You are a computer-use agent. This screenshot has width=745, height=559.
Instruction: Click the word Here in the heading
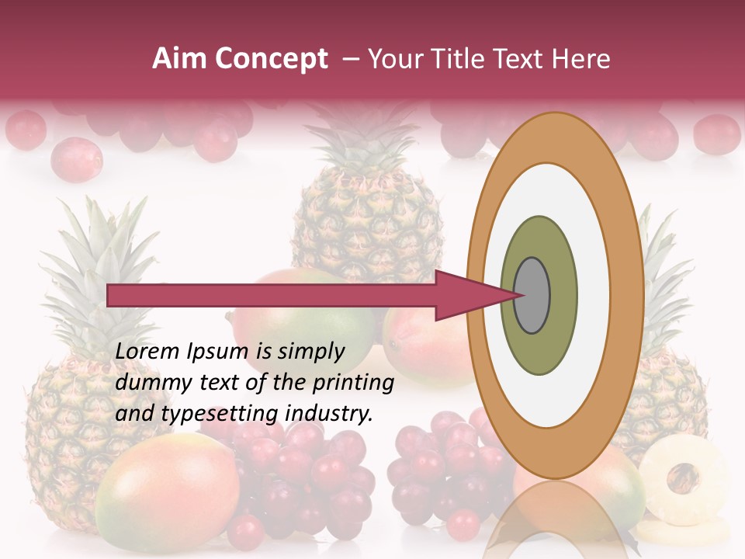pyautogui.click(x=581, y=59)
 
